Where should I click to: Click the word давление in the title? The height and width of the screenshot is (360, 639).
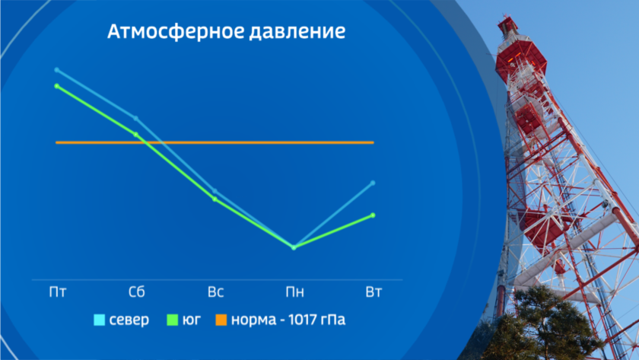pos(297,32)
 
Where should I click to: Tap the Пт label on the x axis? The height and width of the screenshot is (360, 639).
pos(58,292)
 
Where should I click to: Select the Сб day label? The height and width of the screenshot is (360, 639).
pos(136,292)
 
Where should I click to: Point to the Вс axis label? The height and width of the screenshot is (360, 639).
pos(215,292)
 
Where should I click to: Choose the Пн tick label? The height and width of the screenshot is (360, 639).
pos(294,292)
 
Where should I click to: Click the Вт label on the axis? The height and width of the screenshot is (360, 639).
pos(374,292)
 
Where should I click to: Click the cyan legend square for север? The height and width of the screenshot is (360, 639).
pos(100,320)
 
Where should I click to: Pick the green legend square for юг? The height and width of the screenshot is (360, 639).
pos(173,320)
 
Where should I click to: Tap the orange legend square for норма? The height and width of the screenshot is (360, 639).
pos(221,320)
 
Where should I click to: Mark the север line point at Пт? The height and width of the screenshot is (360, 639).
pos(56,70)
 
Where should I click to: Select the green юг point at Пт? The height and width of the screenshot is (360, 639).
pos(56,86)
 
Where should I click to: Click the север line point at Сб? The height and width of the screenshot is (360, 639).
pos(135,118)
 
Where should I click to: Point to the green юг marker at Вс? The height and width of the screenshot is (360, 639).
pos(215,199)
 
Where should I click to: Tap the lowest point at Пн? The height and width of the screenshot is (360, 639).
pos(294,247)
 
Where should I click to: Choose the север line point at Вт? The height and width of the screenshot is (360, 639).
pos(373,183)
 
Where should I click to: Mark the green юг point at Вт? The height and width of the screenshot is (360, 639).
pos(373,215)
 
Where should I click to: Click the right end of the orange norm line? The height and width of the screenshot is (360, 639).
pos(374,142)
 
